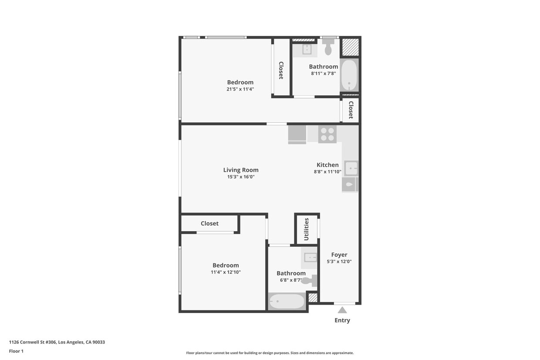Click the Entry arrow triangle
pyautogui.click(x=342, y=310)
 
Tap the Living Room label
pyautogui.click(x=241, y=170)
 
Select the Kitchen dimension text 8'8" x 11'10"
pyautogui.click(x=327, y=172)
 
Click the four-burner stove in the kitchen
pyautogui.click(x=327, y=134)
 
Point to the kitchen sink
pyautogui.click(x=351, y=168)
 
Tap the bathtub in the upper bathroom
pyautogui.click(x=349, y=75)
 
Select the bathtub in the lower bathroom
pyautogui.click(x=287, y=301)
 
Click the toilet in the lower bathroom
pyautogui.click(x=309, y=281)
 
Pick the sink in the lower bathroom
pyautogui.click(x=310, y=257)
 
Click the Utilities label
pyautogui.click(x=306, y=229)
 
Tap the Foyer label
pyautogui.click(x=339, y=255)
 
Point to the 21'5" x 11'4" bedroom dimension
pyautogui.click(x=240, y=89)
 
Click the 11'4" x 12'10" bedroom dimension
pyautogui.click(x=226, y=272)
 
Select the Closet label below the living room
pyautogui.click(x=209, y=223)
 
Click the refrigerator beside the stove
pyautogui.click(x=297, y=134)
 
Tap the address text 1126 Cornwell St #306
pyautogui.click(x=57, y=342)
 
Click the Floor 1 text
pyautogui.click(x=16, y=351)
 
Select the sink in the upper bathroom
pyautogui.click(x=307, y=49)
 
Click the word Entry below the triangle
pyautogui.click(x=342, y=320)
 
